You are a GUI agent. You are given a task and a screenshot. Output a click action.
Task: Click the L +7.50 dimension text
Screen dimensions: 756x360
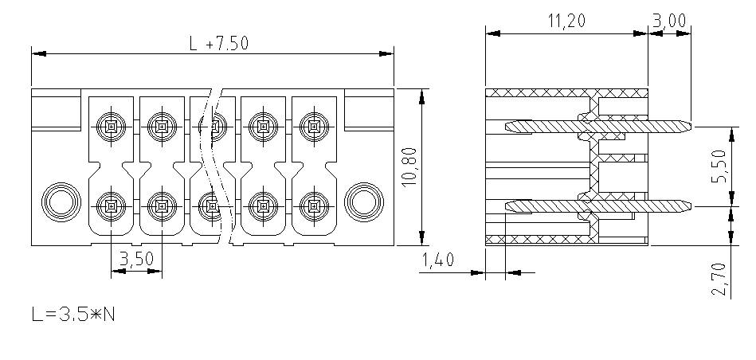(x=219, y=43)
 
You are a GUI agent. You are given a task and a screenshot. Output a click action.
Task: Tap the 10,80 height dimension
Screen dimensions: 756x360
(x=409, y=167)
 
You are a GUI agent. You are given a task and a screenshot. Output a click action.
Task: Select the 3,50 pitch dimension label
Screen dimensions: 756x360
(x=136, y=259)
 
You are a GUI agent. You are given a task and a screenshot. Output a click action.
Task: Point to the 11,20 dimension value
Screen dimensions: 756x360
(x=566, y=21)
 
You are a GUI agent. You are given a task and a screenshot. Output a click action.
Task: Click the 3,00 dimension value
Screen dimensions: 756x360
(x=669, y=21)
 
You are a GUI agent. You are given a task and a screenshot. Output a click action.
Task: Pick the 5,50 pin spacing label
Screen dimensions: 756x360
(x=719, y=166)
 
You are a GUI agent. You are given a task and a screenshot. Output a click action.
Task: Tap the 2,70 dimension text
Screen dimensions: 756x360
(x=719, y=280)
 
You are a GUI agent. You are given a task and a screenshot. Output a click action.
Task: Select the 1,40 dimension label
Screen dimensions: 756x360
(x=438, y=260)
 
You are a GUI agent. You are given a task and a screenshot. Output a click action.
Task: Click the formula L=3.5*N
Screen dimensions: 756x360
(x=73, y=315)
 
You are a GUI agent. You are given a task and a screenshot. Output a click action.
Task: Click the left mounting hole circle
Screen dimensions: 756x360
(x=61, y=202)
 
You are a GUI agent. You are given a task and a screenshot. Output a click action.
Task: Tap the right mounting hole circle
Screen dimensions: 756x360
(x=364, y=202)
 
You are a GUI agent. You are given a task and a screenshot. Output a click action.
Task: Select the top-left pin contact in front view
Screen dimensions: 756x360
(x=111, y=127)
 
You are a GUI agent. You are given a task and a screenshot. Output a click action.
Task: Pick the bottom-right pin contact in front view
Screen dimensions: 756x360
(x=314, y=206)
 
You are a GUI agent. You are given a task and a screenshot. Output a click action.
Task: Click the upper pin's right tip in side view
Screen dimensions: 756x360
(x=691, y=127)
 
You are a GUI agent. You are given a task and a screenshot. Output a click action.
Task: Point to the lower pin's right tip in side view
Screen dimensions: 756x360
(x=691, y=206)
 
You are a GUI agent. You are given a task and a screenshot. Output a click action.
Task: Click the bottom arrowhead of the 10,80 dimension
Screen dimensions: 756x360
(x=422, y=238)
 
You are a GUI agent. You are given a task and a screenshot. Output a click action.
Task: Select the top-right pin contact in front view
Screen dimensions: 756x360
(x=314, y=127)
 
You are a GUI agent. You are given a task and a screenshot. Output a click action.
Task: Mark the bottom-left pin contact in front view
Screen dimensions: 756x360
(x=111, y=206)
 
